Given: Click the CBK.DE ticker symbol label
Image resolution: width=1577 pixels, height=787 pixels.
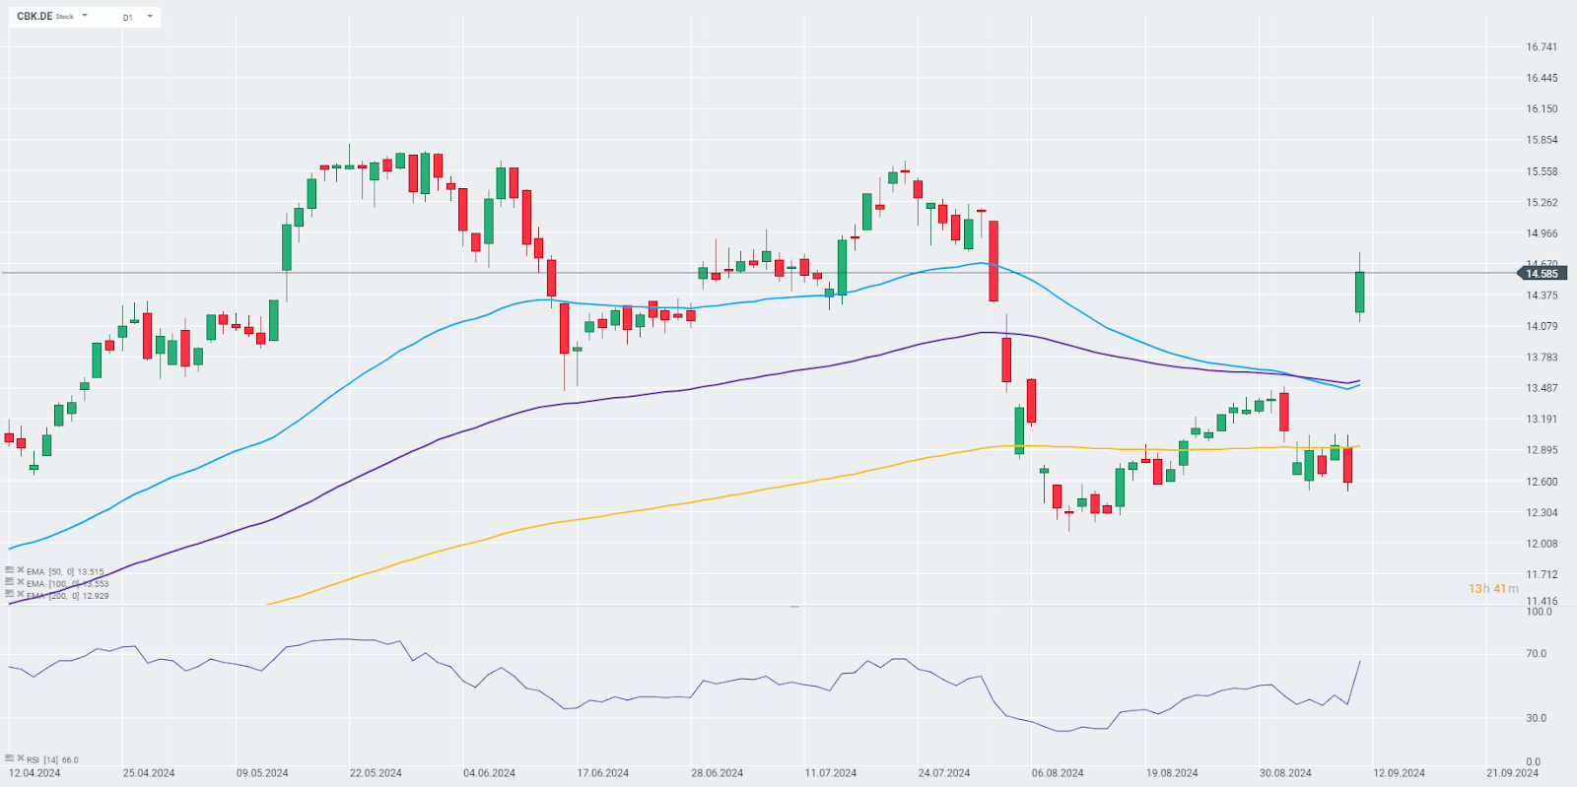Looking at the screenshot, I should (x=34, y=17).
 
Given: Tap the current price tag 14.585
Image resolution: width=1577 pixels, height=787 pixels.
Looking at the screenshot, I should (x=1542, y=274).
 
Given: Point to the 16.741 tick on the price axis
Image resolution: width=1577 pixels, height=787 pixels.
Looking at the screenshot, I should (x=1542, y=47).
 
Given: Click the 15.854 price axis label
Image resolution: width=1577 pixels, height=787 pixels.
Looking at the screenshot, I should (x=1542, y=140).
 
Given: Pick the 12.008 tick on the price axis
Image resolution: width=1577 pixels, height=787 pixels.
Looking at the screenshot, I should (x=1542, y=544).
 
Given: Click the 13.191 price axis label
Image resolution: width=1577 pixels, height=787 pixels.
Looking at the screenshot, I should (x=1542, y=420).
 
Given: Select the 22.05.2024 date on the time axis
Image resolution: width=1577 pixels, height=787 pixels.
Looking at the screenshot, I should (x=376, y=773).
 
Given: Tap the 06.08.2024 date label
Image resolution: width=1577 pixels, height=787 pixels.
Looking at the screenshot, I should (x=1058, y=773).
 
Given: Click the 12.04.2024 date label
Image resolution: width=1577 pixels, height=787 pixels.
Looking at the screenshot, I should (x=34, y=773).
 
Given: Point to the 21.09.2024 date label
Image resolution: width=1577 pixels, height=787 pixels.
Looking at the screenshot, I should (x=1512, y=773).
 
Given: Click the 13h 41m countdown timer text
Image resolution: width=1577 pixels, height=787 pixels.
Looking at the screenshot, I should (x=1493, y=589).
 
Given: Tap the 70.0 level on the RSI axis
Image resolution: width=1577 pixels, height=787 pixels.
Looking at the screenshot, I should (x=1536, y=654).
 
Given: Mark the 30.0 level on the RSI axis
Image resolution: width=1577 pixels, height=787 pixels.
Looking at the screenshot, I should (x=1536, y=718).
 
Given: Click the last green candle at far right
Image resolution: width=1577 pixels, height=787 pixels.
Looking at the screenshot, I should (x=1360, y=292).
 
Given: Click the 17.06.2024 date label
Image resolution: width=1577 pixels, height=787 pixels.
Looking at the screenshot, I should (x=603, y=773).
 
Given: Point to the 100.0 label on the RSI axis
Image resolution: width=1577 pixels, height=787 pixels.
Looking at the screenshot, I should (x=1539, y=612).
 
